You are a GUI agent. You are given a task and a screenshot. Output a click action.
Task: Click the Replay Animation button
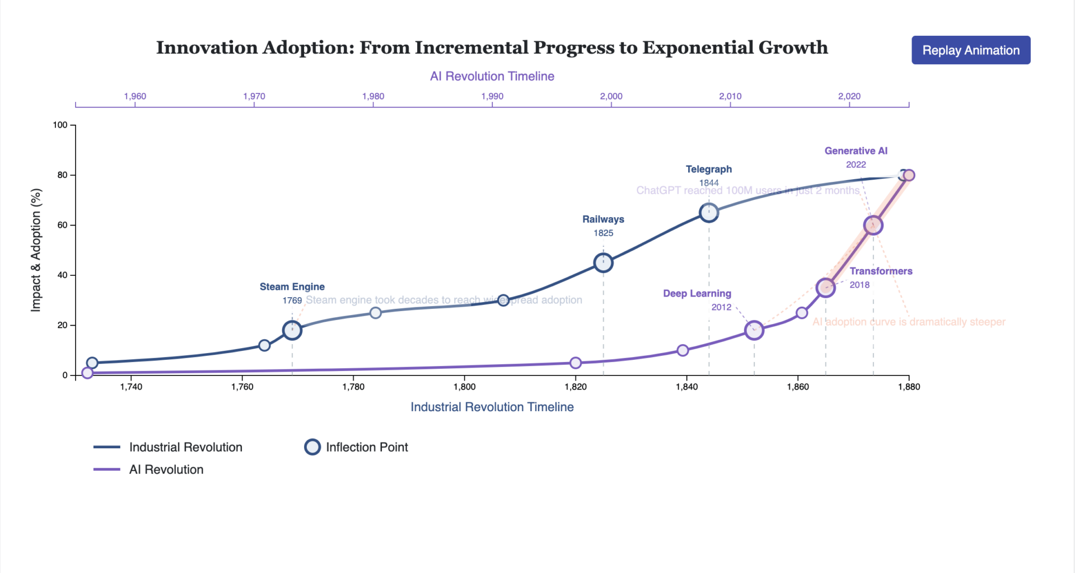tap(970, 50)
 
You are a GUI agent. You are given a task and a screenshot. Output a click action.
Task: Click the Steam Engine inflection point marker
tap(292, 330)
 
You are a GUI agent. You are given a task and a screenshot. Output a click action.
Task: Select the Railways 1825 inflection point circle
tap(603, 262)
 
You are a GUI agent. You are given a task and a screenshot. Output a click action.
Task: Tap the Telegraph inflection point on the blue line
tap(709, 213)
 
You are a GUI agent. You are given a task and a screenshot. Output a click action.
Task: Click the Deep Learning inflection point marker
tap(754, 330)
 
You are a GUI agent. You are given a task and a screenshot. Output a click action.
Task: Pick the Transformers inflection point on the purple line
tap(825, 288)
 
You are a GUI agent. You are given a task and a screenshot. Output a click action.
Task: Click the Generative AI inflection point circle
tap(873, 226)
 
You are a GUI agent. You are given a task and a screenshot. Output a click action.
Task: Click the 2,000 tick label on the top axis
tap(611, 96)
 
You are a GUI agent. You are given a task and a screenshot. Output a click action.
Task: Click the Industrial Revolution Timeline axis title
tap(492, 407)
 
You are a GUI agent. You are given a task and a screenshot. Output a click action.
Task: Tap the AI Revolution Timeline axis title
tap(492, 76)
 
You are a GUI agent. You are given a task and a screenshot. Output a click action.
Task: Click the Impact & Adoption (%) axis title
tap(36, 250)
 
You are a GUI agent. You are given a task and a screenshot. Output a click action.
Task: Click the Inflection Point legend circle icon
tap(312, 447)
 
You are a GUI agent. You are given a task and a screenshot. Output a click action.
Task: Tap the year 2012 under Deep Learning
tap(721, 307)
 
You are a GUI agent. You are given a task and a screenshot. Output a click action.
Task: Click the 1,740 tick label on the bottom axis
tap(131, 387)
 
